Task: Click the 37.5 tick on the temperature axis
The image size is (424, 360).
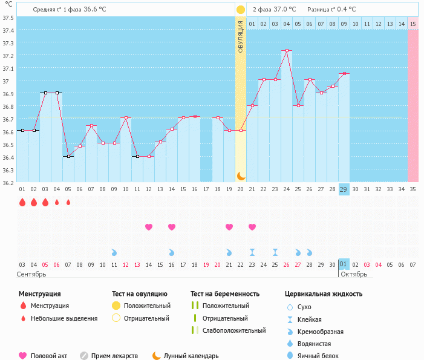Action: pyautogui.click(x=8, y=18)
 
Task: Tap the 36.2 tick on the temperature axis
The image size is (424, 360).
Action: pyautogui.click(x=8, y=182)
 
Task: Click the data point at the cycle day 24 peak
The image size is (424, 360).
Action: pyautogui.click(x=286, y=50)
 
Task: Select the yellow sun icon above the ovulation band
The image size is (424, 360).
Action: pyautogui.click(x=241, y=10)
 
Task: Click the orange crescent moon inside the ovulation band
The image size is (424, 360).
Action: pyautogui.click(x=241, y=175)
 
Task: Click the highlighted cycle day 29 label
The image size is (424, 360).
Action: pyautogui.click(x=344, y=189)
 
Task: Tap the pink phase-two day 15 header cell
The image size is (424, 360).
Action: pyautogui.click(x=413, y=24)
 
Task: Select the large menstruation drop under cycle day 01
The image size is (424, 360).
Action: pyautogui.click(x=22, y=202)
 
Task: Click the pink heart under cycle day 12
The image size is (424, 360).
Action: pyautogui.click(x=149, y=227)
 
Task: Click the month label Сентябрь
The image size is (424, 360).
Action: pyautogui.click(x=32, y=274)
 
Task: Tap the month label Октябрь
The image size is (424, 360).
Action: pyautogui.click(x=354, y=274)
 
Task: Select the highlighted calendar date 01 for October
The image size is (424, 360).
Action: pyautogui.click(x=344, y=264)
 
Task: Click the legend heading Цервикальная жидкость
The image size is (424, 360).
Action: pyautogui.click(x=324, y=294)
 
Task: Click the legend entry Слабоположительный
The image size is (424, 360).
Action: pyautogui.click(x=234, y=330)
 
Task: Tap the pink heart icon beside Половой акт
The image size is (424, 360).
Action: pyautogui.click(x=23, y=356)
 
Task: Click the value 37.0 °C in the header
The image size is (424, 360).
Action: pyautogui.click(x=285, y=9)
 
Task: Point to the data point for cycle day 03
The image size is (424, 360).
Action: pyautogui.click(x=45, y=93)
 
